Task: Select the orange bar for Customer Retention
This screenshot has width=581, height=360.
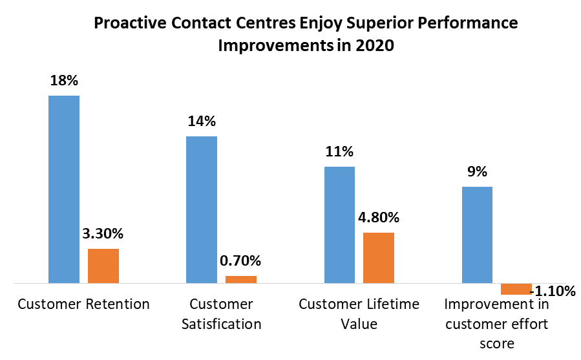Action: [103, 266]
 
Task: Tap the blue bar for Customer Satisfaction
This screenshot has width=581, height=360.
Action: [202, 209]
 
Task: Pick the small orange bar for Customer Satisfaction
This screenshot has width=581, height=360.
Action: [240, 279]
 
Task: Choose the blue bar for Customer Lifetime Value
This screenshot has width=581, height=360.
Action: [339, 224]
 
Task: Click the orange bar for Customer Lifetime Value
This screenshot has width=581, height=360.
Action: [378, 257]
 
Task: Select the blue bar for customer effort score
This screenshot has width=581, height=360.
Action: [477, 235]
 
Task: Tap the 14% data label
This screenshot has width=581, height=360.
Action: [202, 122]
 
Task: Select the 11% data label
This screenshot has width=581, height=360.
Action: [339, 152]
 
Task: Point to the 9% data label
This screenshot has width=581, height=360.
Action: [477, 172]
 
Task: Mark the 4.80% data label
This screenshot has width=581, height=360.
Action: [378, 217]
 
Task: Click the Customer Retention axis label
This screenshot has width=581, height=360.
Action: [83, 304]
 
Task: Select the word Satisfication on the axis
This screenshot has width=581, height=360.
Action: [221, 324]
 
